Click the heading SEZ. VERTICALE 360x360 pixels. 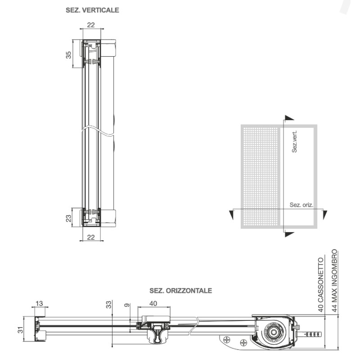(92, 10)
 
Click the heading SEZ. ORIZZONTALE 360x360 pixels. (180, 291)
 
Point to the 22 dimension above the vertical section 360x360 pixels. (91, 25)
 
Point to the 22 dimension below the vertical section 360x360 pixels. (91, 237)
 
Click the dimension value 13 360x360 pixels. (40, 303)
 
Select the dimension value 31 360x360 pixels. (19, 330)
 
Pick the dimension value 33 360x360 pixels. (108, 305)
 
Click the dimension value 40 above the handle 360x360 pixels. (153, 303)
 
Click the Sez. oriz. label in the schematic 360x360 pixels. (301, 205)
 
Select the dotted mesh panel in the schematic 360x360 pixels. (260, 176)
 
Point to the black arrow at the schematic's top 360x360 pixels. (289, 117)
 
